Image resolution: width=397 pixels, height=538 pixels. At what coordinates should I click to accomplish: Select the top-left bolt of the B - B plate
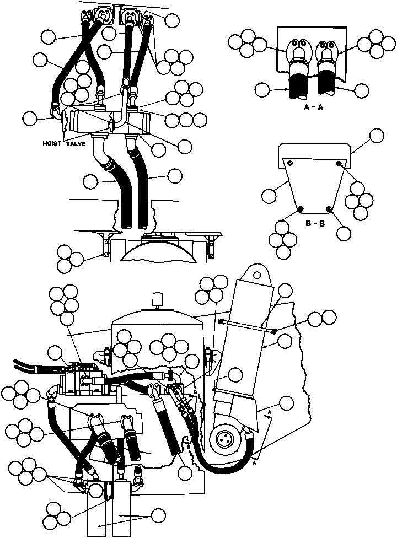click(x=290, y=163)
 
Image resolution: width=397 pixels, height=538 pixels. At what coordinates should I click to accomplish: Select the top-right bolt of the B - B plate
click(x=339, y=163)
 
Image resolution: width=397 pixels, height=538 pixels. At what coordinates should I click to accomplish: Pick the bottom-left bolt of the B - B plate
click(x=301, y=208)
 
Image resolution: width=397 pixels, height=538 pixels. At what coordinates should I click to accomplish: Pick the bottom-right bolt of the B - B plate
click(x=329, y=208)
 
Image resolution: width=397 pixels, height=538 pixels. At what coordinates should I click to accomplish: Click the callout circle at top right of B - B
click(x=377, y=136)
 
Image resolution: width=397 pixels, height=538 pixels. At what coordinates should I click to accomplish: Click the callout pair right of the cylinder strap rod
click(x=322, y=318)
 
